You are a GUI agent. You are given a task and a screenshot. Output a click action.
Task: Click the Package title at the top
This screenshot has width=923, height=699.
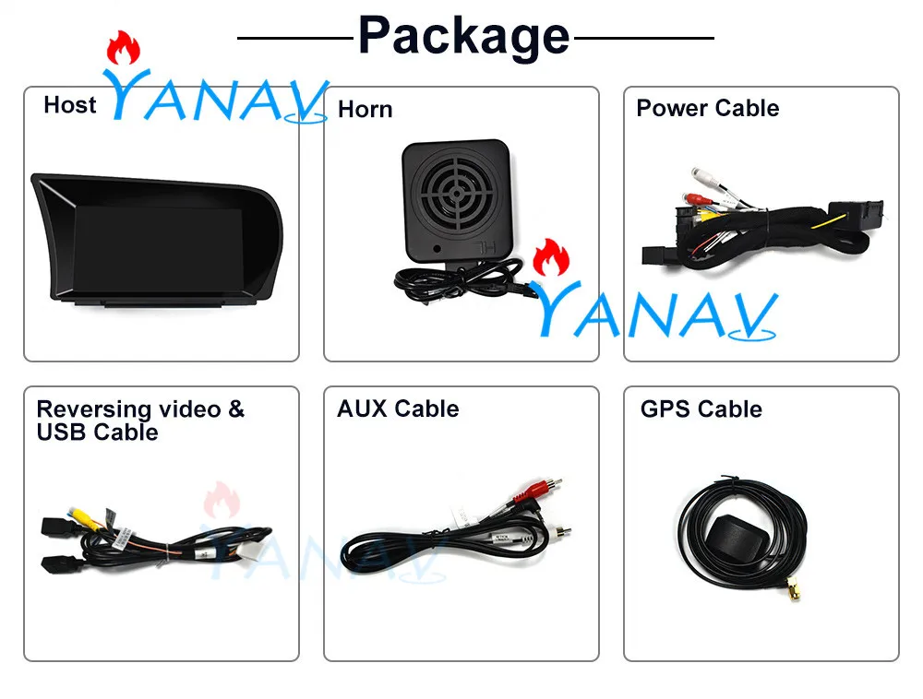pyautogui.click(x=462, y=36)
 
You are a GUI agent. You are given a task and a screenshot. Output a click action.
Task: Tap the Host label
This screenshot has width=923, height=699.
pyautogui.click(x=69, y=105)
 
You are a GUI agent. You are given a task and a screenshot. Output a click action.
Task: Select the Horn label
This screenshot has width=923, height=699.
pyautogui.click(x=365, y=110)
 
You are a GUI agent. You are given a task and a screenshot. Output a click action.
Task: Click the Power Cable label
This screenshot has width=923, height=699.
pyautogui.click(x=707, y=108)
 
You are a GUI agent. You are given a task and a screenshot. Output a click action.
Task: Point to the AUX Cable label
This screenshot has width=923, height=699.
pyautogui.click(x=397, y=409)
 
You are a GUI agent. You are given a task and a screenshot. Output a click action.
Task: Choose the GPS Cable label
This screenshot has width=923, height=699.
pyautogui.click(x=701, y=409)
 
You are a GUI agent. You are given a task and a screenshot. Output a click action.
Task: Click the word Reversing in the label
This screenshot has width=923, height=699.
pyautogui.click(x=93, y=409)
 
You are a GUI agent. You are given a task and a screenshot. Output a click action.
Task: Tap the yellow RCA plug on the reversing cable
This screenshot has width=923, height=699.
pyautogui.click(x=73, y=521)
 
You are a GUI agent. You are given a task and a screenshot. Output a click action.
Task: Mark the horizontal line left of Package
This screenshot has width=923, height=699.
pyautogui.click(x=294, y=39)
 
